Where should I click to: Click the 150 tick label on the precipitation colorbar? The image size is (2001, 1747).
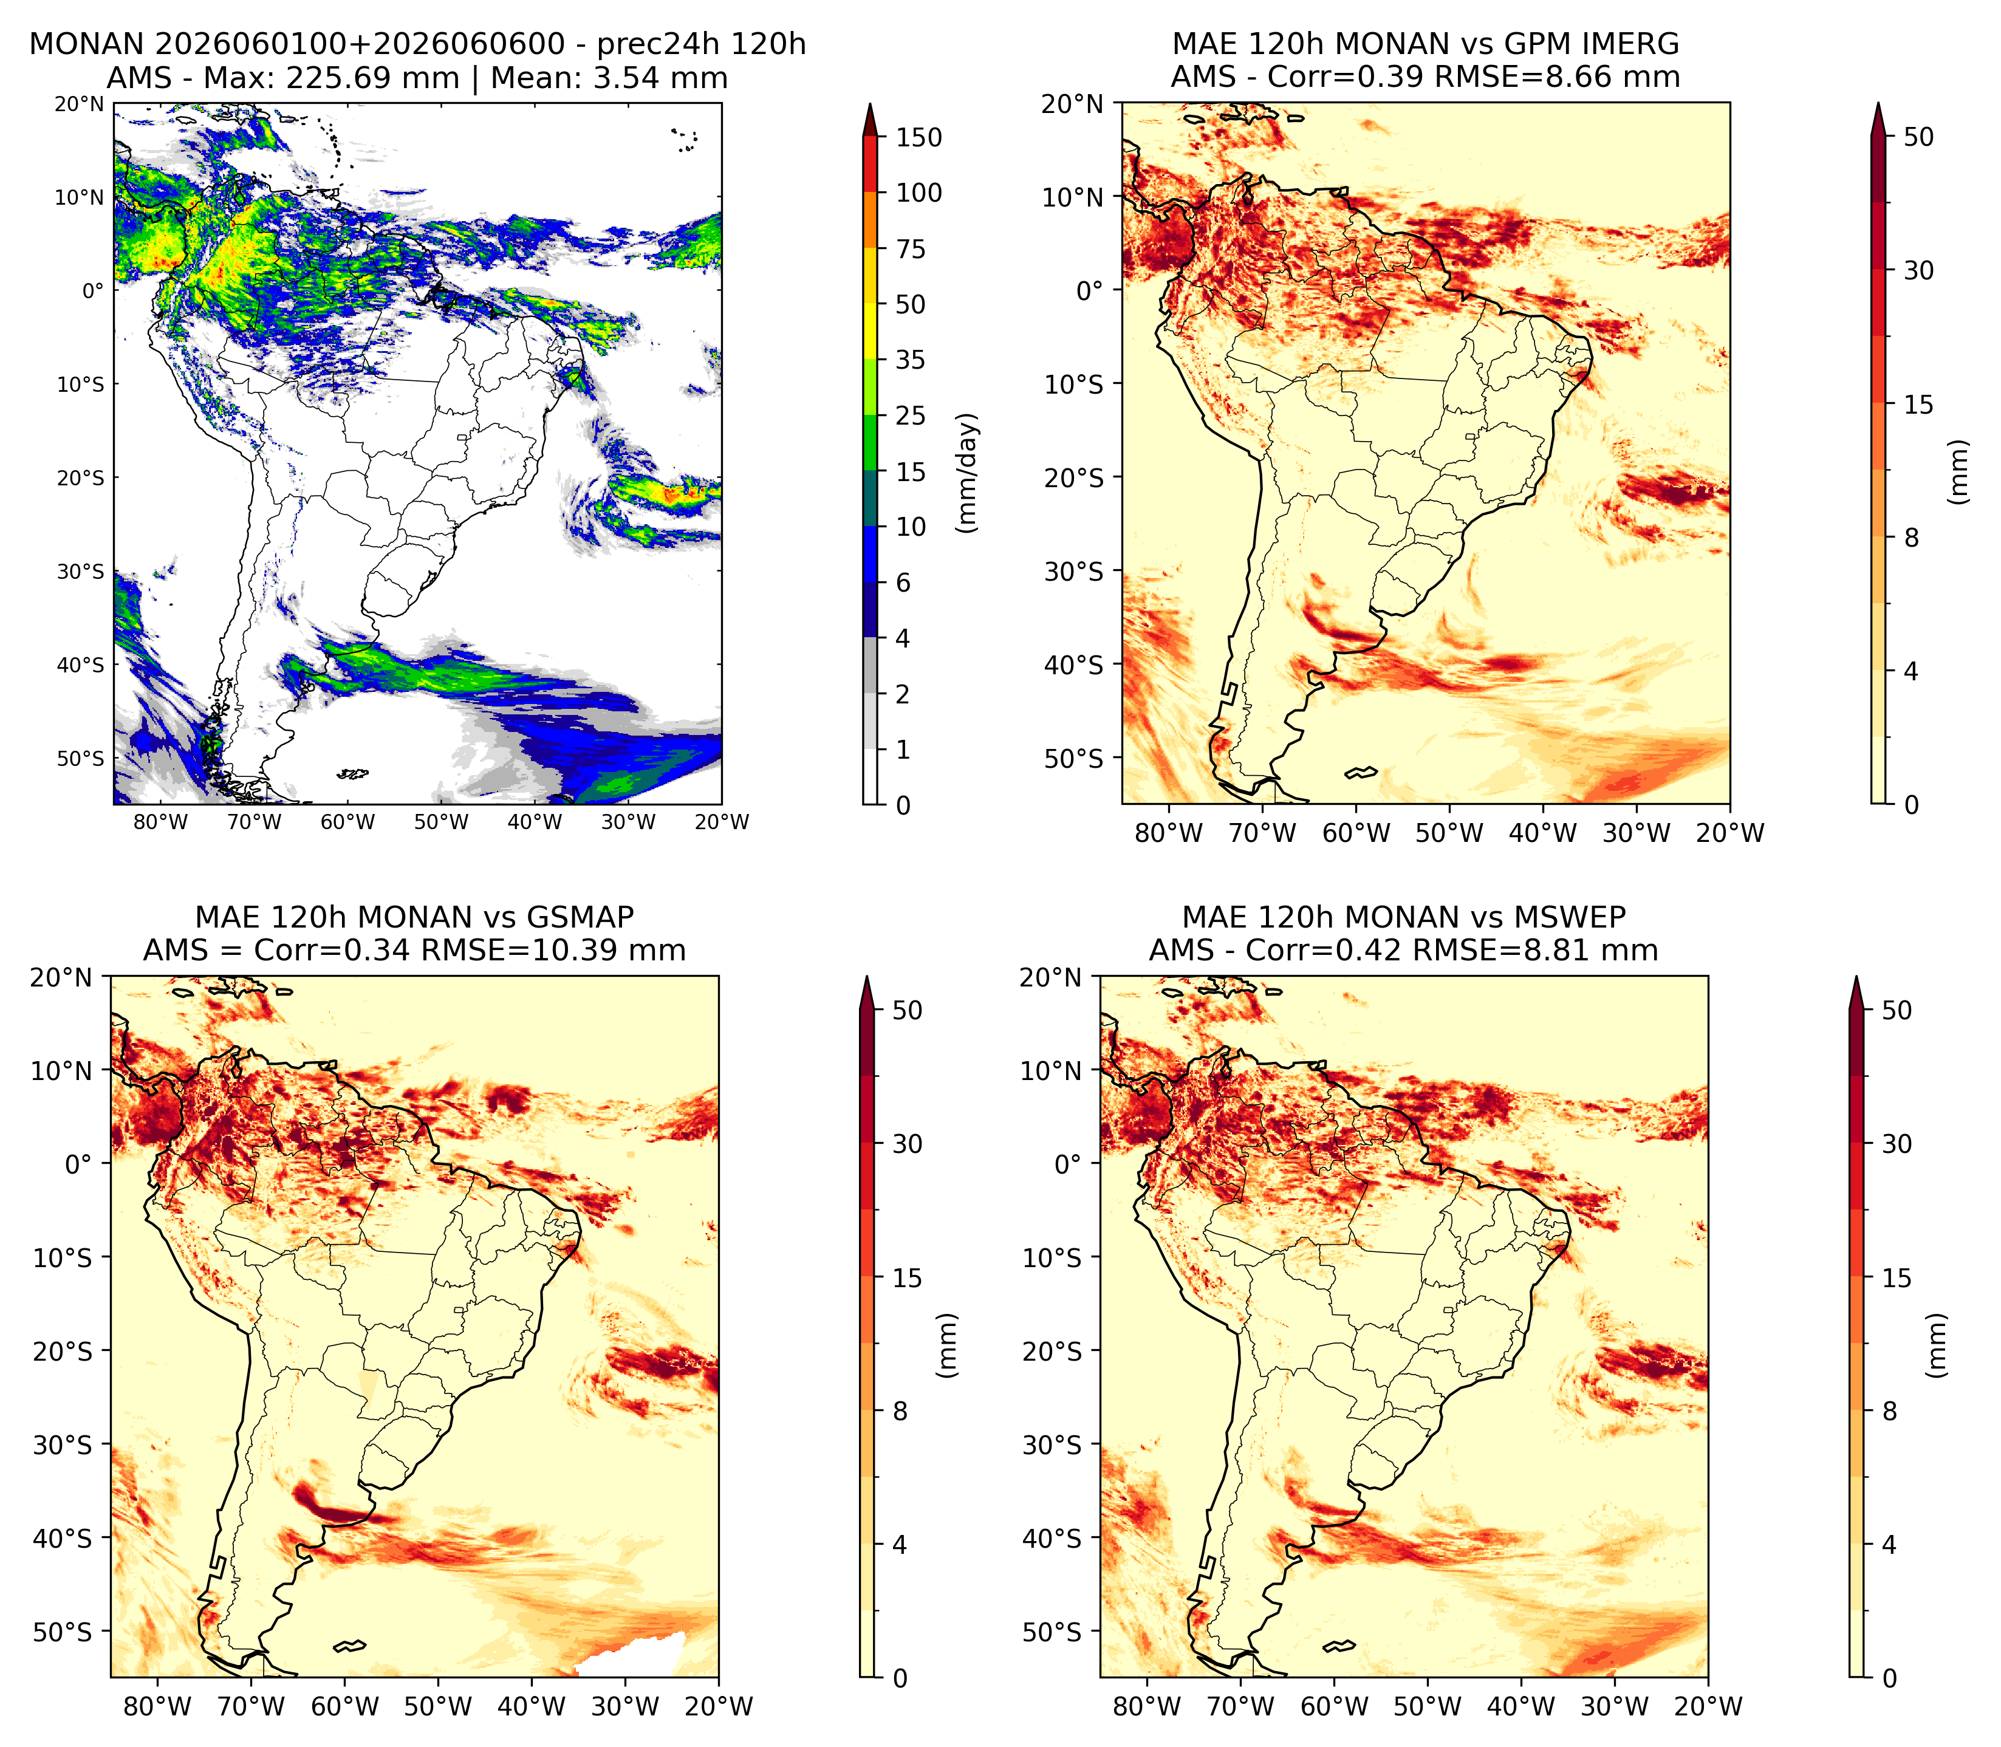pos(919,137)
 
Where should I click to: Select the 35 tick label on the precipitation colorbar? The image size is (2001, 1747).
pos(911,360)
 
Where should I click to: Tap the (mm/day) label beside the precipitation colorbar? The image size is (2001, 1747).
pos(967,473)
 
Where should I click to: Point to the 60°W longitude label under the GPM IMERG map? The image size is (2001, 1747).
pos(1356,833)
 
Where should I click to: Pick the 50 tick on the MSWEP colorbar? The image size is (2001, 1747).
pos(1897,1010)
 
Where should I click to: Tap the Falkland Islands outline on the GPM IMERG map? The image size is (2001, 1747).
pos(1361,773)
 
